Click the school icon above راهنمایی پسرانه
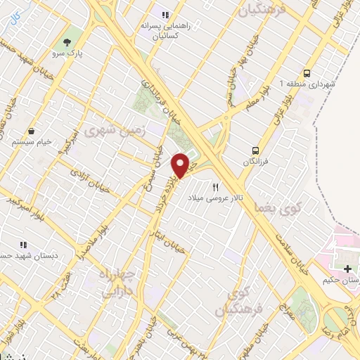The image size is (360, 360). (166, 14)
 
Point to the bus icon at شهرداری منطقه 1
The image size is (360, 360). (307, 73)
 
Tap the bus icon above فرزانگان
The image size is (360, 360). (257, 150)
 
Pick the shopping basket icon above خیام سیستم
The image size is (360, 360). (32, 131)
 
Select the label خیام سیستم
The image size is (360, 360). (32, 141)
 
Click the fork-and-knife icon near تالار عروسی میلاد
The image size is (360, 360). (216, 188)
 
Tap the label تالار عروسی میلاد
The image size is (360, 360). (215, 199)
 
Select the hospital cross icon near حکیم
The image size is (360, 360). (347, 269)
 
